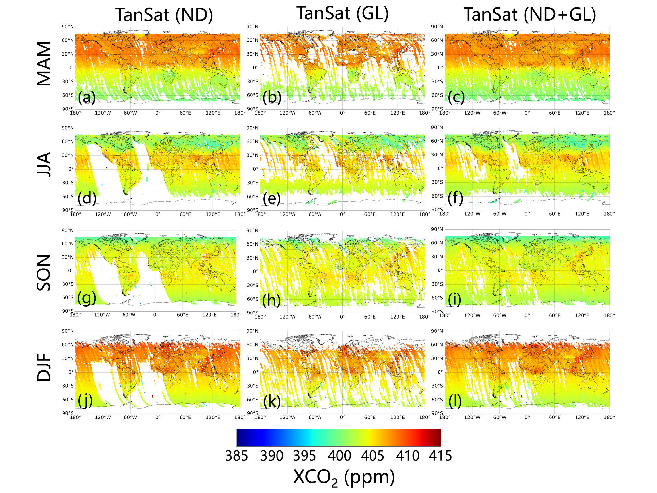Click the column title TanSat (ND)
pos(164,15)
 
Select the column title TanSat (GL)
pos(342,13)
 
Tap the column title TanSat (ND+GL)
pos(530,15)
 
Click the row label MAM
pos(44,64)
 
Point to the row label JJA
pos(44,164)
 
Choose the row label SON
pos(44,272)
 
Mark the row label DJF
pos(44,367)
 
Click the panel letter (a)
pos(87,97)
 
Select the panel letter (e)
pos(272,198)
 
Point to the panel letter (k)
pos(272,401)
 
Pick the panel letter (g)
pos(87,298)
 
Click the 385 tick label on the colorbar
pos(237,456)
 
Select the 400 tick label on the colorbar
pos(339,456)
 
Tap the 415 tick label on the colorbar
pos(440,456)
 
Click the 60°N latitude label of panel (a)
pos(68,40)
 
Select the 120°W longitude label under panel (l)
pos(472,417)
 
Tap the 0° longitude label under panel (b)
pos(342,113)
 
